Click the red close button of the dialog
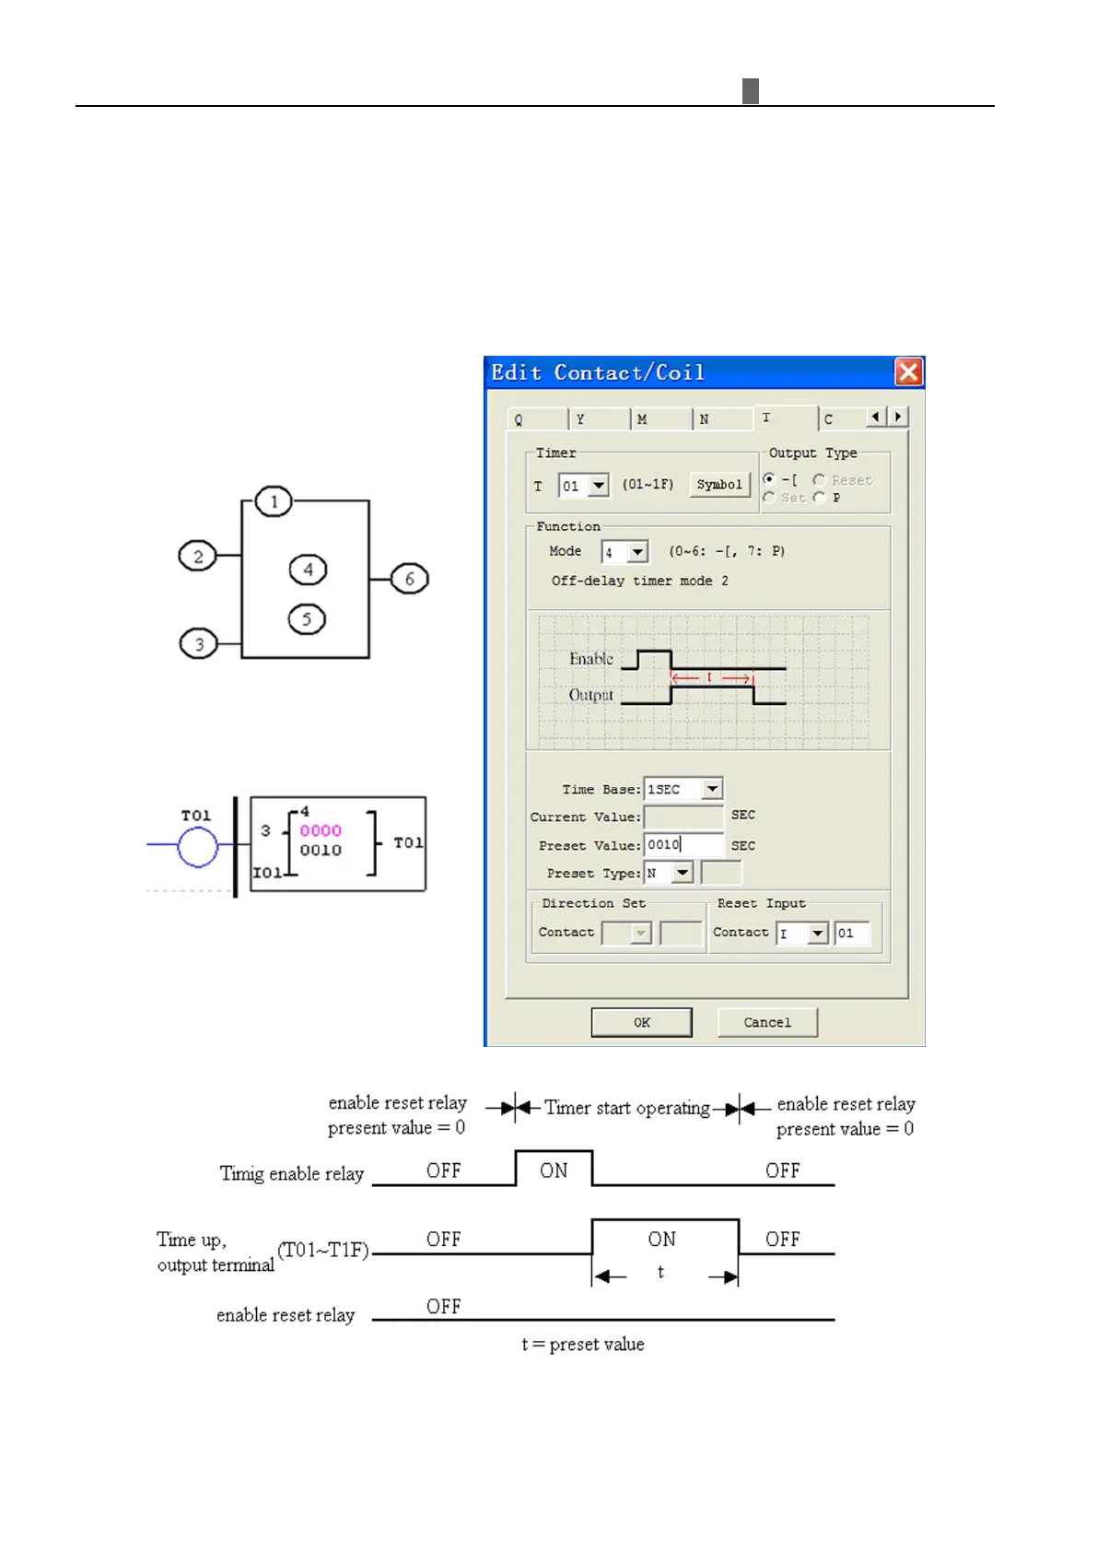point(908,371)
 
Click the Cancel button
point(767,1022)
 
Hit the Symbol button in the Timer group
point(719,484)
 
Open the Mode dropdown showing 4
point(637,552)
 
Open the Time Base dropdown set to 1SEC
point(712,789)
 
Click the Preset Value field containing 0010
point(683,844)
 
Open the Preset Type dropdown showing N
point(682,873)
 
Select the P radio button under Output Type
point(819,498)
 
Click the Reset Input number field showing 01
point(851,933)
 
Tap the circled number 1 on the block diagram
point(274,502)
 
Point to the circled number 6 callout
point(410,579)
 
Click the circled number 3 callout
point(198,643)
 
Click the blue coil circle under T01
point(197,847)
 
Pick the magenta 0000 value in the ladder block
point(321,830)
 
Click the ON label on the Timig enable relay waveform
point(554,1170)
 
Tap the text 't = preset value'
point(583,1344)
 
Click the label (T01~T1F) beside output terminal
point(323,1250)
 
